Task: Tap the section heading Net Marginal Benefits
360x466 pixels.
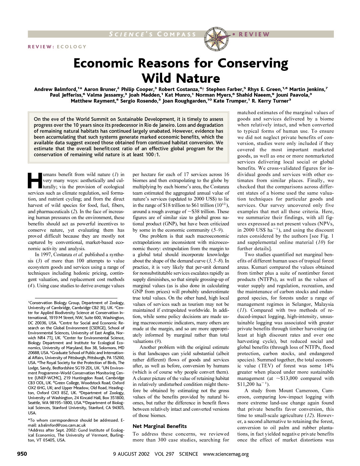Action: (x=159, y=426)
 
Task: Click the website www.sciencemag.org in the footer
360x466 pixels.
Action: (x=226, y=454)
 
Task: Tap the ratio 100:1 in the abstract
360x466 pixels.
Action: (x=153, y=155)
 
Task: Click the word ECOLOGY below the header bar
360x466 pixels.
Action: (x=71, y=47)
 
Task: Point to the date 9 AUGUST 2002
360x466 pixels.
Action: (x=131, y=454)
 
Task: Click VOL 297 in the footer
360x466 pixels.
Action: (x=164, y=454)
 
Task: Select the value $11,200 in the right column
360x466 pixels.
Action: (x=248, y=384)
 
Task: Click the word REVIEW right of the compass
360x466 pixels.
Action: (x=254, y=34)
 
